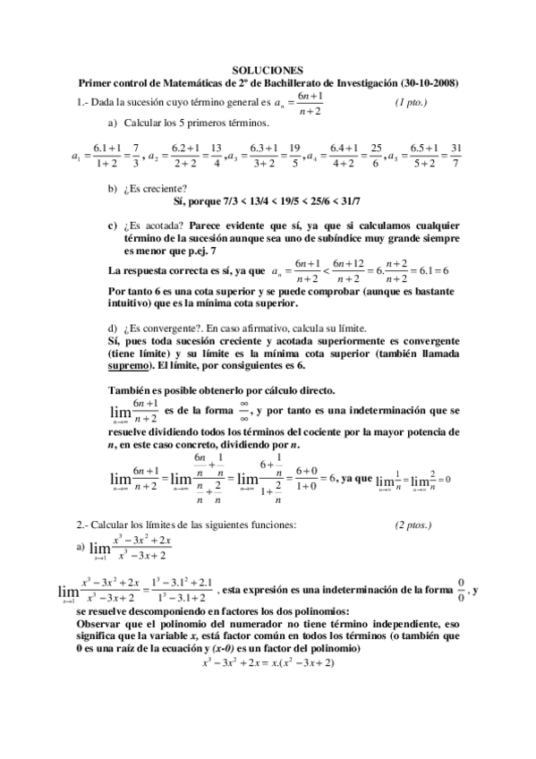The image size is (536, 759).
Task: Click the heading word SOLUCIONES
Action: click(268, 70)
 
